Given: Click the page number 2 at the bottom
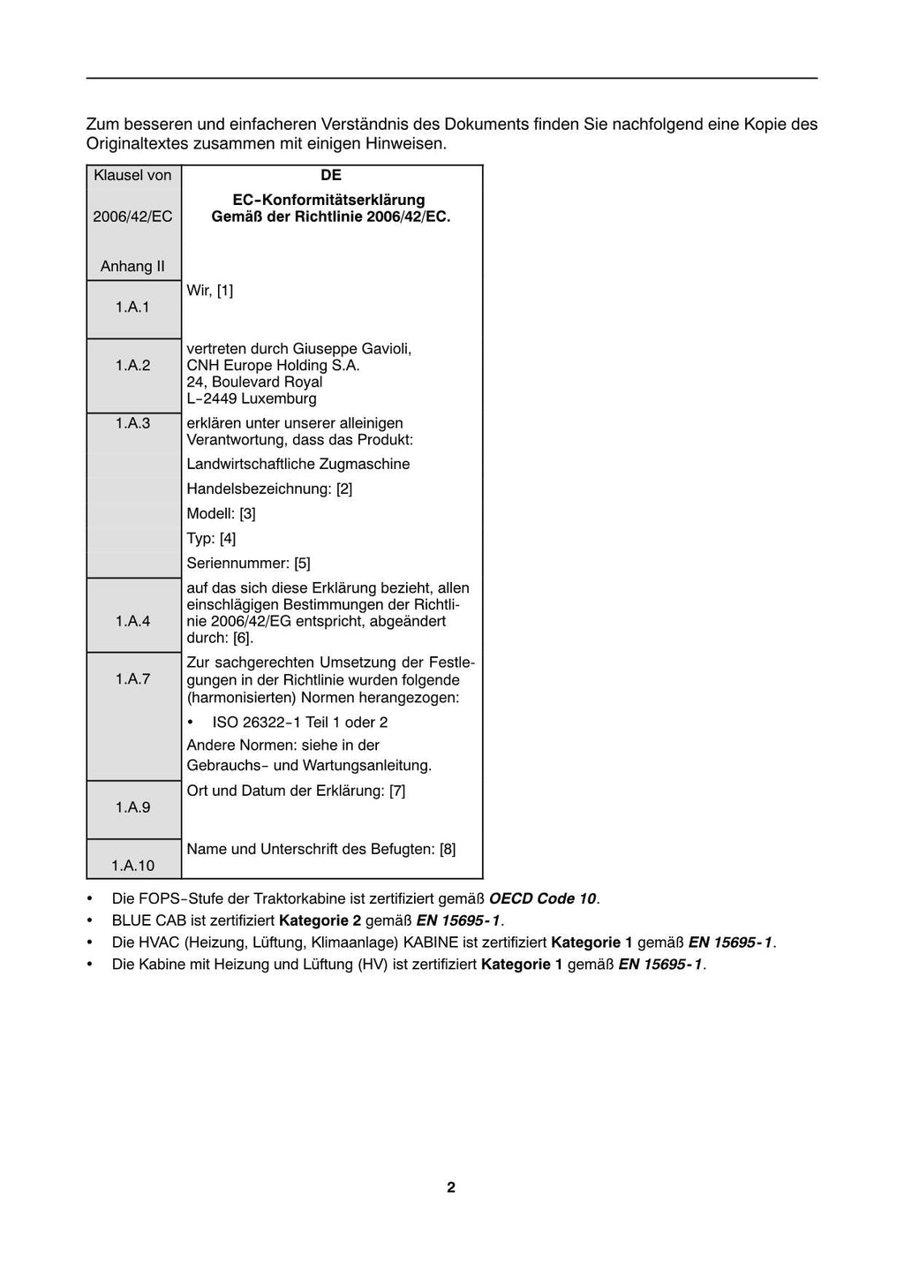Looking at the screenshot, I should coord(451,1187).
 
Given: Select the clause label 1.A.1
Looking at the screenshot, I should coord(132,307).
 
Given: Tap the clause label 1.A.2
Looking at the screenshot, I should coord(132,365).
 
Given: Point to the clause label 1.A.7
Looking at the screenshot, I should coord(132,678).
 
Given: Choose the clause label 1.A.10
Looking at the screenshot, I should coord(132,866).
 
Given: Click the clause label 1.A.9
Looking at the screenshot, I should coord(132,807).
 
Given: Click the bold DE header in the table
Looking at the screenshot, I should coord(331,175).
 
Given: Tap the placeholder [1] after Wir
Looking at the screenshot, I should coord(225,290).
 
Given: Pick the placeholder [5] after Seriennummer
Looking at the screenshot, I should coord(302,563).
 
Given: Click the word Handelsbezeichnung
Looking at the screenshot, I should coord(259,489).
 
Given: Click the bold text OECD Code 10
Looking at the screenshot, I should coord(543,898).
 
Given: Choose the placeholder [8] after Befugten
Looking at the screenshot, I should coord(448,849).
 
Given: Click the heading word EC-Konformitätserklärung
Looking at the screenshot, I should coord(328,200).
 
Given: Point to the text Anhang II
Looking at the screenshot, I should coord(132,266).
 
